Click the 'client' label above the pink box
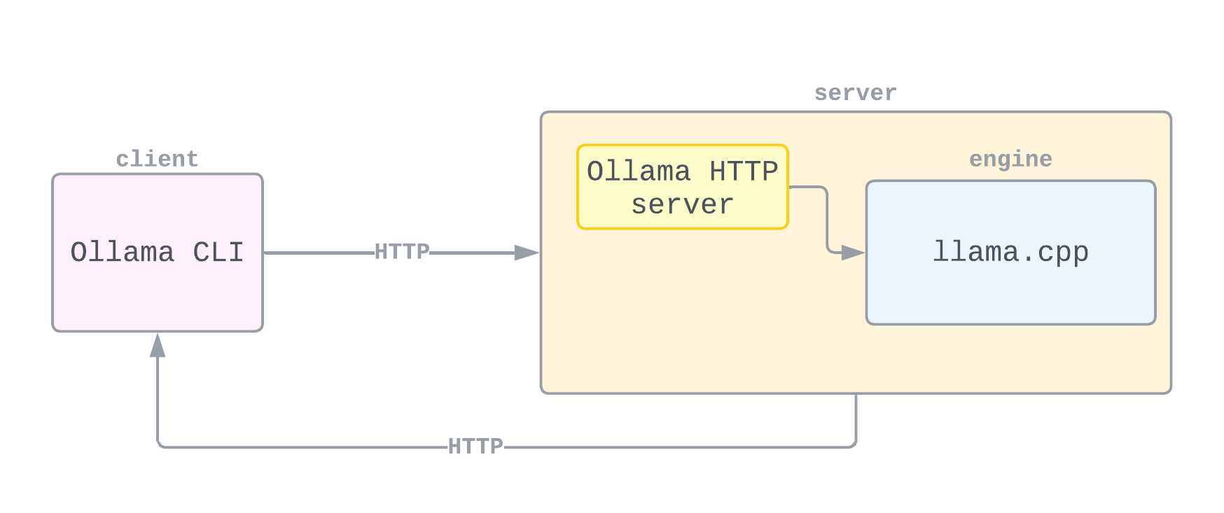pyautogui.click(x=157, y=159)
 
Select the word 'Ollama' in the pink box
pyautogui.click(x=122, y=253)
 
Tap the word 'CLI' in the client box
pyautogui.click(x=218, y=253)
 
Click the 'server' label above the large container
pyautogui.click(x=855, y=93)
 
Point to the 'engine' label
pyautogui.click(x=1010, y=159)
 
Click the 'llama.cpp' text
pyautogui.click(x=1010, y=252)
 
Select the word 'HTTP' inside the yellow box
pyautogui.click(x=744, y=171)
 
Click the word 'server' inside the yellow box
pyautogui.click(x=682, y=205)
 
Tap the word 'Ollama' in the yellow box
pyautogui.click(x=639, y=171)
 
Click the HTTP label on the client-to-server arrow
pyautogui.click(x=402, y=252)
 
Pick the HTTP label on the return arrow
pyautogui.click(x=475, y=447)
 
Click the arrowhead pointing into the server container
pyautogui.click(x=527, y=253)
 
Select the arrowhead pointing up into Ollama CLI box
pyautogui.click(x=158, y=345)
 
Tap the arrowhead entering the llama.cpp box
pyautogui.click(x=853, y=253)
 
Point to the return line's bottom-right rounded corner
pyautogui.click(x=854, y=444)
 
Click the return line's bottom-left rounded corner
pyautogui.click(x=160, y=444)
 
